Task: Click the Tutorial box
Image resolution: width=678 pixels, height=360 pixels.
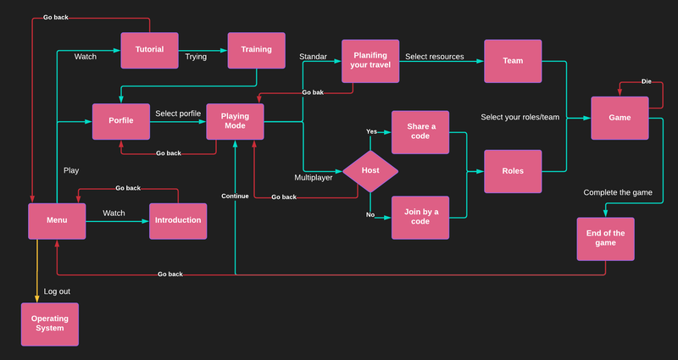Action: pyautogui.click(x=149, y=50)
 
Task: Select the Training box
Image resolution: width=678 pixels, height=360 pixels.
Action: pyautogui.click(x=256, y=50)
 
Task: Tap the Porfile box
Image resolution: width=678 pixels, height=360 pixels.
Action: pyautogui.click(x=120, y=120)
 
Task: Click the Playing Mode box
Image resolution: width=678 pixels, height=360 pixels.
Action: pyautogui.click(x=235, y=121)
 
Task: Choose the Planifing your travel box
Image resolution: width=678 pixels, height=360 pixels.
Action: pyautogui.click(x=370, y=61)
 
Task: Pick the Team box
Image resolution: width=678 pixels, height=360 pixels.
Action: pyautogui.click(x=513, y=61)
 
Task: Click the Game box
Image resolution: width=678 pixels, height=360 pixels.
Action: pyautogui.click(x=620, y=118)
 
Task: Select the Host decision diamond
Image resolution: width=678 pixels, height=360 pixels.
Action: pyautogui.click(x=370, y=170)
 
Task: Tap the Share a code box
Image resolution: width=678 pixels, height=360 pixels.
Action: pyautogui.click(x=420, y=131)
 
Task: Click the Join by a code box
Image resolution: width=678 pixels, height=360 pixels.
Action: pyautogui.click(x=420, y=218)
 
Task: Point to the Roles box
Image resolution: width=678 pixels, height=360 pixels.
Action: pyautogui.click(x=513, y=171)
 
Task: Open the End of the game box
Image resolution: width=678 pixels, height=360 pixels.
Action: pyautogui.click(x=605, y=239)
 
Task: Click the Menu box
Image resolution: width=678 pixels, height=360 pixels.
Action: pyautogui.click(x=57, y=220)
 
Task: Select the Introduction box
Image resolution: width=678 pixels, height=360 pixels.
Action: pyautogui.click(x=178, y=220)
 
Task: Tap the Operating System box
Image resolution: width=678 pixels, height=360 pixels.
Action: pyautogui.click(x=50, y=323)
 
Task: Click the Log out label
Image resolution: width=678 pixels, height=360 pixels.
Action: pyautogui.click(x=57, y=291)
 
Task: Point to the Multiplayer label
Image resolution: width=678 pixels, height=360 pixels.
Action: pyautogui.click(x=314, y=178)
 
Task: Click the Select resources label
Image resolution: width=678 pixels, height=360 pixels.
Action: pyautogui.click(x=434, y=57)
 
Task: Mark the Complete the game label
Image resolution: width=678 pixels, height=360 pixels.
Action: pyautogui.click(x=618, y=192)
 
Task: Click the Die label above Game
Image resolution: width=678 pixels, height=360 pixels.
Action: pyautogui.click(x=646, y=82)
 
